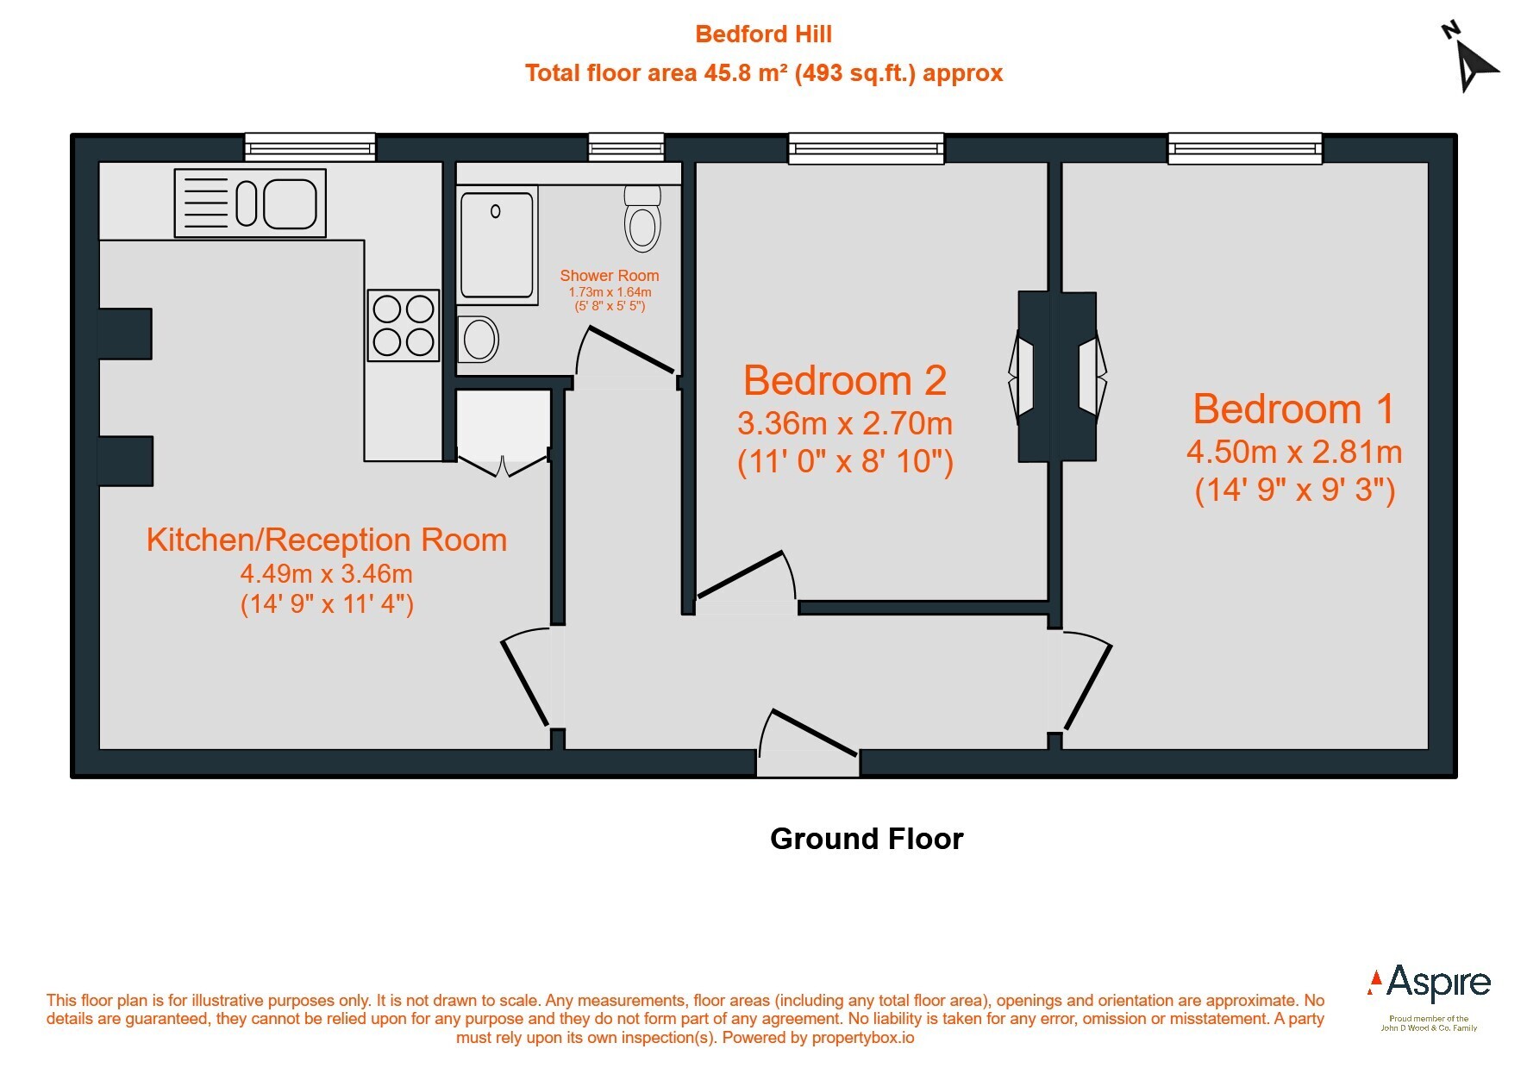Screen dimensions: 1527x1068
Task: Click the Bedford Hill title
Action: (x=763, y=34)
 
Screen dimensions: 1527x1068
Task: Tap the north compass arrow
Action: (x=1473, y=59)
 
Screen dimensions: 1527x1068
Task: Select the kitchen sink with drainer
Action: (x=250, y=203)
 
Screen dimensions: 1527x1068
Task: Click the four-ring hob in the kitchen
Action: (x=404, y=325)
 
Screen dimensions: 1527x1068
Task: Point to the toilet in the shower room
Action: (x=641, y=217)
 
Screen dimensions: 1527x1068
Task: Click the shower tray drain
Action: (x=496, y=211)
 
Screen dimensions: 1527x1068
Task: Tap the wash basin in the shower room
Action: (x=478, y=338)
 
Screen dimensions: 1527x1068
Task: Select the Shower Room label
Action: (x=610, y=276)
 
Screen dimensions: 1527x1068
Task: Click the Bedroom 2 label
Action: (x=845, y=380)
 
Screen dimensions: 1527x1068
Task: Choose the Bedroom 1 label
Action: (x=1293, y=409)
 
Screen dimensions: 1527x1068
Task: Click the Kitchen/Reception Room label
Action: (x=327, y=540)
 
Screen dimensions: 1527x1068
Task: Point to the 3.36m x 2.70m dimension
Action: (x=845, y=423)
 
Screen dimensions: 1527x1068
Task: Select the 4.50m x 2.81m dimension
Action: (x=1294, y=452)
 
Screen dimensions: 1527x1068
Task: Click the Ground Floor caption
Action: (x=867, y=839)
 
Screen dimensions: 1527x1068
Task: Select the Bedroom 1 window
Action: (x=1245, y=148)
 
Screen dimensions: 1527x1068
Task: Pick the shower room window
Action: (x=626, y=147)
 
